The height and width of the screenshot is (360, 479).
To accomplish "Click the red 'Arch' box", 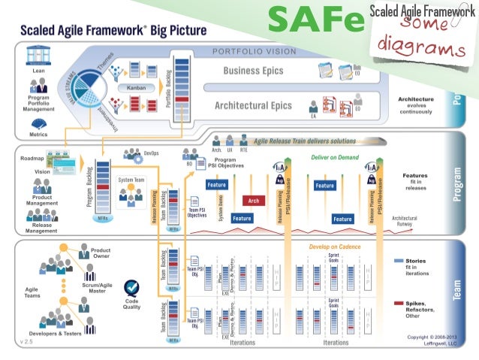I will tap(254, 201).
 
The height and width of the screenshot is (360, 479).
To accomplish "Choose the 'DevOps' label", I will tap(151, 152).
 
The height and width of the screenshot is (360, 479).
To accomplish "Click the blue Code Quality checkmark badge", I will tap(133, 289).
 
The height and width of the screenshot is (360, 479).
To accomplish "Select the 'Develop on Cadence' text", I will tap(336, 247).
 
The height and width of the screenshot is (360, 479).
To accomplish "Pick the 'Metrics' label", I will tap(38, 135).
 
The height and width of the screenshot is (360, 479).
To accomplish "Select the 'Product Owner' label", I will tap(101, 253).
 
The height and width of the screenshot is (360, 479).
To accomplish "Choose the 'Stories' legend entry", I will tap(416, 260).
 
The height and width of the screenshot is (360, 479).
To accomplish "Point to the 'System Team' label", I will tap(131, 180).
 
